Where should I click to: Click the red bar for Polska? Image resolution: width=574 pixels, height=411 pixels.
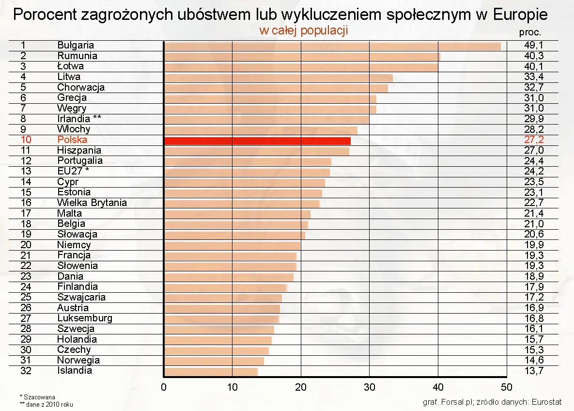click(257, 141)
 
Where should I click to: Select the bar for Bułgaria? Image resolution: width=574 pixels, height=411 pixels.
click(332, 46)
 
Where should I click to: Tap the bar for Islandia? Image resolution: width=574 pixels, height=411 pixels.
click(211, 372)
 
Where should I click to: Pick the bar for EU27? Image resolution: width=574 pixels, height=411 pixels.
click(247, 172)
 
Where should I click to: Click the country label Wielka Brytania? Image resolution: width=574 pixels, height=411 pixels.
click(92, 203)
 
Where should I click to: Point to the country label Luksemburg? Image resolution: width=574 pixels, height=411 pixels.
click(85, 318)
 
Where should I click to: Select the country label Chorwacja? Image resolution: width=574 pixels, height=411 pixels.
click(81, 87)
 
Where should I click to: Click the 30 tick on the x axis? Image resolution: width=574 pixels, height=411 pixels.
click(369, 387)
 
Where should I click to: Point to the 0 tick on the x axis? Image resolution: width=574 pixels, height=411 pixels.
click(164, 387)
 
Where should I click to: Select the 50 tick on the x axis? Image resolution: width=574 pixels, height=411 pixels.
click(506, 387)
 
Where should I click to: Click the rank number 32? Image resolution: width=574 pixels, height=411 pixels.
click(26, 371)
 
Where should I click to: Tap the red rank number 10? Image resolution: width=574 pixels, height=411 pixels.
click(26, 140)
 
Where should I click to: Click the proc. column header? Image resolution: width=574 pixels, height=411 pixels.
click(530, 33)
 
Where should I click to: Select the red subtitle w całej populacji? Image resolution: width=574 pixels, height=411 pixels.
click(304, 31)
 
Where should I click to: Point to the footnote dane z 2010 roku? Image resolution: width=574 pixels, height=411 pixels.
click(47, 404)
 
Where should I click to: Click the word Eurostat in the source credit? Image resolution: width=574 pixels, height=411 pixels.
click(546, 402)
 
